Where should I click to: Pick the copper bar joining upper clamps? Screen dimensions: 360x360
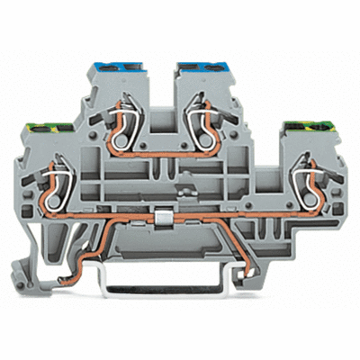click(x=157, y=149)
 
